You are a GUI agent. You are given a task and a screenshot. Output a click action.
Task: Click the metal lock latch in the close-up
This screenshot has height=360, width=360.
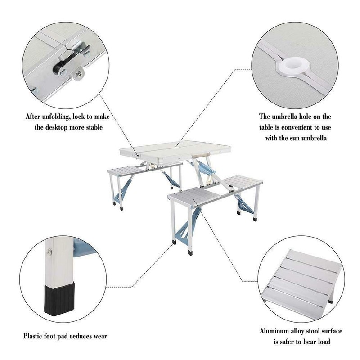67,63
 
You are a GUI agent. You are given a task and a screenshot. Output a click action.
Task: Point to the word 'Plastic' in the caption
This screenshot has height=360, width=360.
35,336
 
